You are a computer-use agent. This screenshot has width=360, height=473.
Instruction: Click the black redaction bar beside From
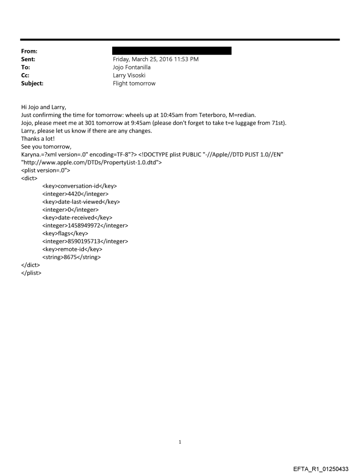(x=172, y=51)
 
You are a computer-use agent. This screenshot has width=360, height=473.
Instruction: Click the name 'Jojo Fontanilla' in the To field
(x=132, y=67)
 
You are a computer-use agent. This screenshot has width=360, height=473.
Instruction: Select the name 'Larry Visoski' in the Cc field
(x=130, y=75)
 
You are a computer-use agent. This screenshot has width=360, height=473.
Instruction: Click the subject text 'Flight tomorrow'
(x=134, y=83)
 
